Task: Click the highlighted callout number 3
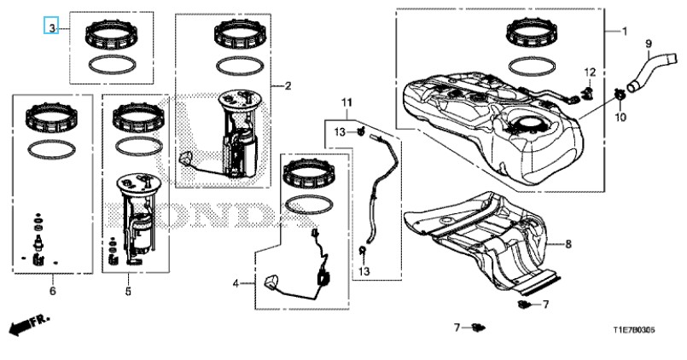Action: tap(51, 28)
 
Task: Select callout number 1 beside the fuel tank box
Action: tap(625, 32)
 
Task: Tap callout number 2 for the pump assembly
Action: tap(288, 86)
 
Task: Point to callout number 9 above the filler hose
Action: tap(649, 44)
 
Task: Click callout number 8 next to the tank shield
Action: tap(568, 244)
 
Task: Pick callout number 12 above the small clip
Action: tap(590, 72)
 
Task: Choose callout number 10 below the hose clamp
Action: tap(620, 117)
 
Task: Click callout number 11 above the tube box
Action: tap(346, 103)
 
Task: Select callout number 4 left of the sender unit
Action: tap(236, 284)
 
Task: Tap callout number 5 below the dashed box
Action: tap(128, 291)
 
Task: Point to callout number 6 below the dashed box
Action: tap(53, 291)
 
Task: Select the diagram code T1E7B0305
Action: tap(634, 330)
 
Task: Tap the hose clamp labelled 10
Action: tap(620, 94)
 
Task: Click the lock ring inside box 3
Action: tap(111, 36)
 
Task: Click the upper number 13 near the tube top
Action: tap(341, 131)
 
